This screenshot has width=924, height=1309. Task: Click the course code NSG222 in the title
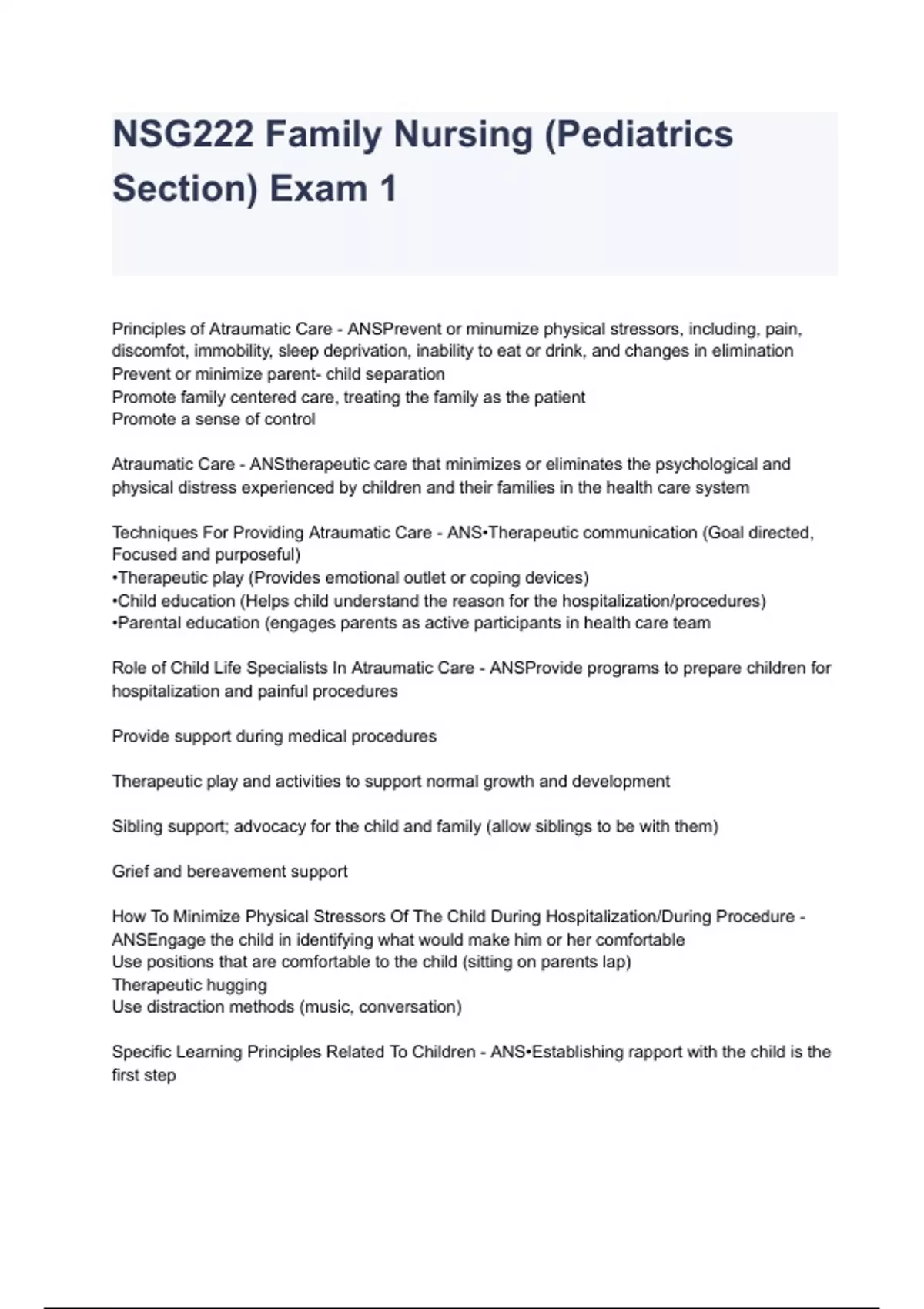pyautogui.click(x=182, y=135)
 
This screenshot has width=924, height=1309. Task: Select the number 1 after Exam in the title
pyautogui.click(x=387, y=189)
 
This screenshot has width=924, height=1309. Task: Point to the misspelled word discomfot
pyautogui.click(x=150, y=351)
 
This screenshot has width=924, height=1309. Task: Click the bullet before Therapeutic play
pyautogui.click(x=115, y=578)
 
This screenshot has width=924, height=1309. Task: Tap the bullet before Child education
pyautogui.click(x=115, y=601)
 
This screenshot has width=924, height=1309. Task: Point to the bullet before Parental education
pyautogui.click(x=115, y=623)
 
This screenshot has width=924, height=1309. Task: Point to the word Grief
pyautogui.click(x=130, y=872)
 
